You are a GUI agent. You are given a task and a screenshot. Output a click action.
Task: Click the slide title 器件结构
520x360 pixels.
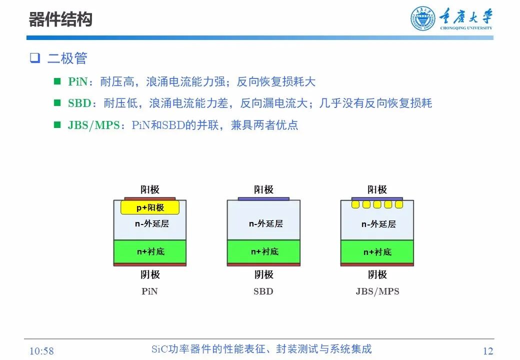pyautogui.click(x=60, y=20)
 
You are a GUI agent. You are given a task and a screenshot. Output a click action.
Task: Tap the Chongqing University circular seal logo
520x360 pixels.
pyautogui.click(x=423, y=19)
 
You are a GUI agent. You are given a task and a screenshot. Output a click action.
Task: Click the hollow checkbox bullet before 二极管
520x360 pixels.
pyautogui.click(x=34, y=58)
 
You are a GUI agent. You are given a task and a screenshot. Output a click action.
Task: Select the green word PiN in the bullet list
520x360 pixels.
pyautogui.click(x=77, y=82)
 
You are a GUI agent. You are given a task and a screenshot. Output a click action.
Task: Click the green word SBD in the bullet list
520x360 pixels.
pyautogui.click(x=80, y=103)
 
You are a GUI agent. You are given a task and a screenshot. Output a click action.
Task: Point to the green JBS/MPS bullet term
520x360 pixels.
pyautogui.click(x=94, y=125)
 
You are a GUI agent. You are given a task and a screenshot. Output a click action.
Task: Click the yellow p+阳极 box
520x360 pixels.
pyautogui.click(x=150, y=207)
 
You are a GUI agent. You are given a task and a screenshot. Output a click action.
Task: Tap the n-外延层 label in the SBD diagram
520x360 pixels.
pyautogui.click(x=265, y=223)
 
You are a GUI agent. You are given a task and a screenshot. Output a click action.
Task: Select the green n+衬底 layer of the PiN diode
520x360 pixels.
pyautogui.click(x=150, y=251)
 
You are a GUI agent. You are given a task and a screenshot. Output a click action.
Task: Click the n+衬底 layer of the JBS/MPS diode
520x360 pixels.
pyautogui.click(x=377, y=252)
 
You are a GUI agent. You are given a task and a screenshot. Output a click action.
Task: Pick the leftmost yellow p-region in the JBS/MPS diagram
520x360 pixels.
pyautogui.click(x=356, y=204)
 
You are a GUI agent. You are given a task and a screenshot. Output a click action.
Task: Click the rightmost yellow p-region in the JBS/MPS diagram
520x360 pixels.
pyautogui.click(x=398, y=204)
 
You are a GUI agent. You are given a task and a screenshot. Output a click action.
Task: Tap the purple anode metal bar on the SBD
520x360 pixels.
pyautogui.click(x=263, y=198)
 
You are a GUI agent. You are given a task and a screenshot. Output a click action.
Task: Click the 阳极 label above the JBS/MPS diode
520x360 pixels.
pyautogui.click(x=377, y=189)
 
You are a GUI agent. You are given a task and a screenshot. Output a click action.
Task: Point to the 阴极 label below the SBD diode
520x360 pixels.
pyautogui.click(x=263, y=274)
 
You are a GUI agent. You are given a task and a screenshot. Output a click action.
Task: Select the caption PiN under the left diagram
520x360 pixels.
pyautogui.click(x=149, y=291)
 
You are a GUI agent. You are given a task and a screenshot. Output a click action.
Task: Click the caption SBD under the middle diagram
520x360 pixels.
pyautogui.click(x=263, y=291)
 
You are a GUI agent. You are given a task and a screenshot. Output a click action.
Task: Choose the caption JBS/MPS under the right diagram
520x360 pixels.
pyautogui.click(x=377, y=291)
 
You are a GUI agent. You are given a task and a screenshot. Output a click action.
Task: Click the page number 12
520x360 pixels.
pyautogui.click(x=488, y=350)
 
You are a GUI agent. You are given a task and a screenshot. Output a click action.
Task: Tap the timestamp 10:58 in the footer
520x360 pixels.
pyautogui.click(x=41, y=351)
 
